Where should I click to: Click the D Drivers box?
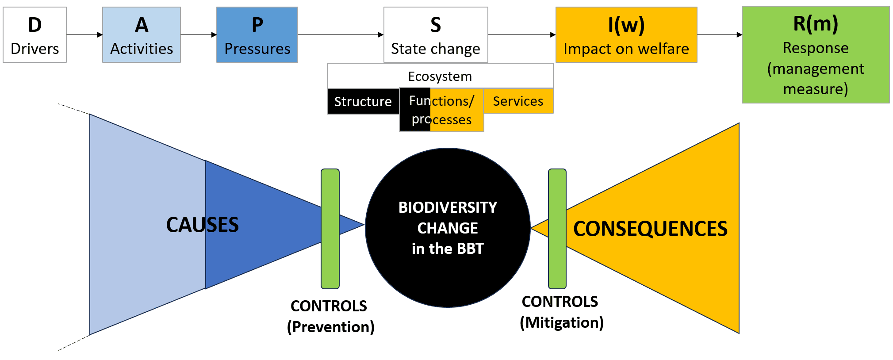35,34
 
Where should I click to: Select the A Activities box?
142,34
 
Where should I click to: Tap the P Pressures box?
257,34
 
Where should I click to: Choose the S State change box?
436,34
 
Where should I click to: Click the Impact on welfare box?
626,34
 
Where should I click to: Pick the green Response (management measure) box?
816,54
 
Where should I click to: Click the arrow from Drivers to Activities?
84,34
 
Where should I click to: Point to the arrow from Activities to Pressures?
199,34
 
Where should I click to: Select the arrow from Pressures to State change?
341,34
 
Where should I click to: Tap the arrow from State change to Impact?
522,34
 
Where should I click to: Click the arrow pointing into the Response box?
720,34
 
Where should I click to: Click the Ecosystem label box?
440,76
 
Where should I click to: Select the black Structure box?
363,101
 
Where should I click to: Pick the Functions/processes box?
441,110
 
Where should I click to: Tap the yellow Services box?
518,101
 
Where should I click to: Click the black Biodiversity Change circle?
448,228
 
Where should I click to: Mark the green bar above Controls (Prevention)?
330,229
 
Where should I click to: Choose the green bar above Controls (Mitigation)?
557,229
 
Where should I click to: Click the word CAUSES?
203,225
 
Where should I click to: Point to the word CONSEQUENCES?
650,229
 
